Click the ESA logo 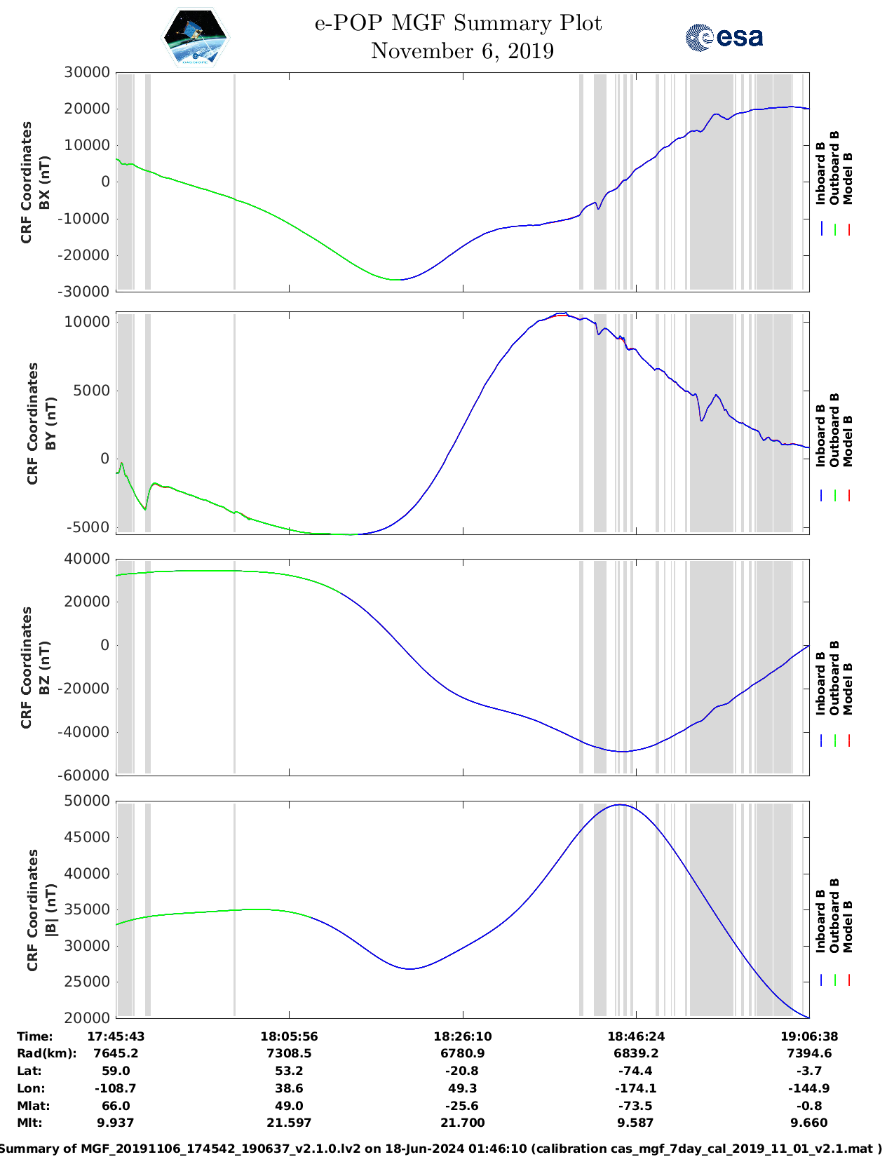[x=724, y=37]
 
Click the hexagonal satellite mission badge [x=195, y=38]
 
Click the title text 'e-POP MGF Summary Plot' [x=458, y=23]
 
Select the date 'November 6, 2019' [x=462, y=51]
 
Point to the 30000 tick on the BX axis [x=87, y=72]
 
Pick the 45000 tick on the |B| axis [x=87, y=837]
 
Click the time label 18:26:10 [x=462, y=1036]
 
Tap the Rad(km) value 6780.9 [x=462, y=1053]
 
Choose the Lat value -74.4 [x=635, y=1071]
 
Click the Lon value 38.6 [x=289, y=1088]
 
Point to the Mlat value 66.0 [x=116, y=1106]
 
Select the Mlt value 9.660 [x=809, y=1123]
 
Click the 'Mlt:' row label [x=30, y=1123]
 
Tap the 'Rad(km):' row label [x=47, y=1053]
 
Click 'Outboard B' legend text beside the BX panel [x=834, y=168]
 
